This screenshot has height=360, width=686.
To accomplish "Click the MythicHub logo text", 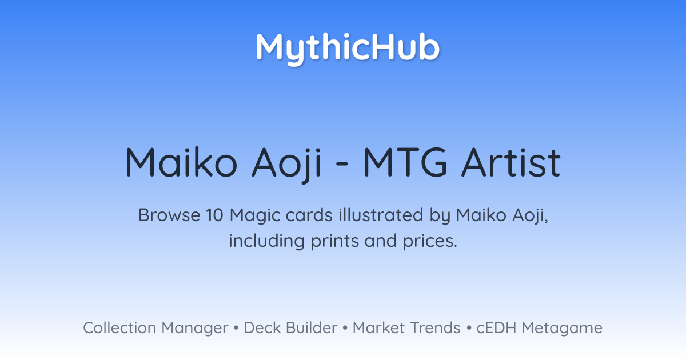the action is click(x=348, y=49).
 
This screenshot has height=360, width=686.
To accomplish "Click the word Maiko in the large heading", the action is click(x=181, y=162).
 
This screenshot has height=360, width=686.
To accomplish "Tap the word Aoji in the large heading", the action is click(x=286, y=164).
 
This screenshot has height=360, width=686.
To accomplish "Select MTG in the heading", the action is click(x=405, y=162).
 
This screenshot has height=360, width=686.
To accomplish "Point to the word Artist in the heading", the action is click(x=511, y=162).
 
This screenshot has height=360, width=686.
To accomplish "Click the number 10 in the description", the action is click(x=214, y=215).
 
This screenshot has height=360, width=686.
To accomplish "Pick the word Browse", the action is click(x=169, y=215).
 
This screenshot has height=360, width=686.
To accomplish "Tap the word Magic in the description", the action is click(x=255, y=217).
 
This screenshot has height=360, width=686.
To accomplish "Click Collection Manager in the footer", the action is click(x=155, y=328).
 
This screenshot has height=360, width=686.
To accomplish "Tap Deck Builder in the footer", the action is click(x=290, y=327).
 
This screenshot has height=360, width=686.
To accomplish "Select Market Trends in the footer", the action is click(x=406, y=327).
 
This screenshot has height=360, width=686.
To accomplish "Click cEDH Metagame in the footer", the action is click(x=539, y=328).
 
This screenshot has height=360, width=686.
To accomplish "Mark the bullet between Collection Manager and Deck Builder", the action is click(x=236, y=328).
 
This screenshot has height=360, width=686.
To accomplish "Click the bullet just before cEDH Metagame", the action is click(x=469, y=328).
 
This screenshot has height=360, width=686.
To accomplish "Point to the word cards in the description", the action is click(x=309, y=215).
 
